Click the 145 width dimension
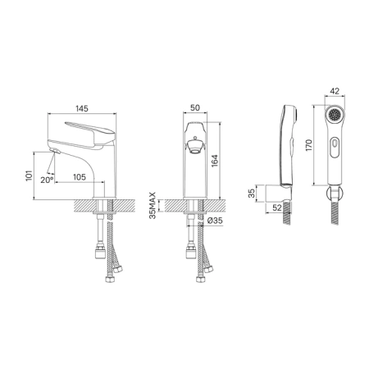[x=82, y=108]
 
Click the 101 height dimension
[x=29, y=175]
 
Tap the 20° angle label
[x=47, y=180]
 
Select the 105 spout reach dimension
[x=80, y=177]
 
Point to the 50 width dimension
[x=195, y=107]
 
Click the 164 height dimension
[x=215, y=161]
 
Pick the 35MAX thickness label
[x=153, y=206]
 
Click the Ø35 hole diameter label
[x=215, y=221]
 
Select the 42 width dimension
[x=335, y=91]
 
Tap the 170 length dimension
[x=309, y=145]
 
